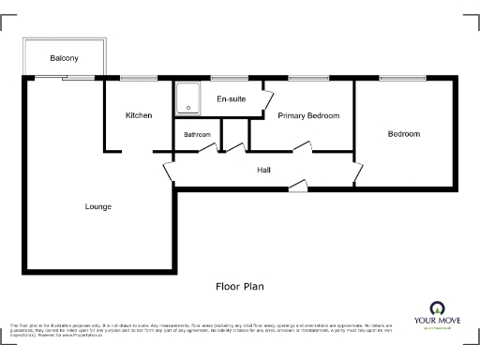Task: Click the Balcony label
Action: coord(65,59)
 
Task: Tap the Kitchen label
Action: coord(139,115)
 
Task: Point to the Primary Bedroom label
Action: coord(308,115)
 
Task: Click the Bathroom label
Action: coord(197,135)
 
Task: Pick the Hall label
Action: coord(264,170)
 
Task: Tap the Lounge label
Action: coord(98,206)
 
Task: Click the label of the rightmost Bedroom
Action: coord(404,134)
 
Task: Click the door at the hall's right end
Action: coord(357,172)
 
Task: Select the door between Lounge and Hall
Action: coord(169,173)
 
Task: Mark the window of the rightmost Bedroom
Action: coord(402,78)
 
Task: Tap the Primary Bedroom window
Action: coord(307,78)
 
